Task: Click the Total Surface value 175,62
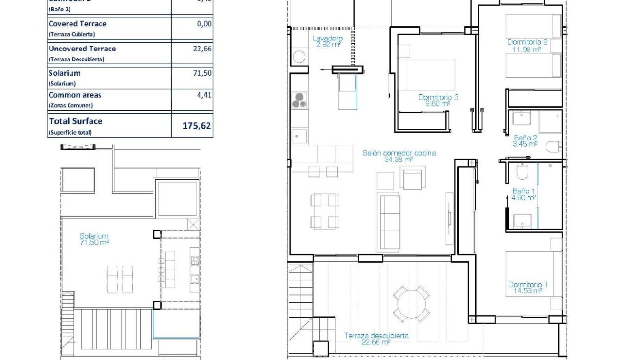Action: click(197, 126)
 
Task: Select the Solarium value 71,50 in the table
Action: click(202, 73)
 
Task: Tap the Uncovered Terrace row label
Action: click(82, 49)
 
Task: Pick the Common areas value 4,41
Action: click(205, 95)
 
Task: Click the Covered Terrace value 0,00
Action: click(204, 24)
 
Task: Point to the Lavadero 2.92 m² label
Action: click(328, 41)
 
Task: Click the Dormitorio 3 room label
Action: click(438, 100)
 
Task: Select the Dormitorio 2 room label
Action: click(527, 45)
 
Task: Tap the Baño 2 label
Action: click(525, 140)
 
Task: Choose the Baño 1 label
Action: click(524, 194)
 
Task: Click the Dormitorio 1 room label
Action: click(528, 288)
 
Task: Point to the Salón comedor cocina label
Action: click(399, 156)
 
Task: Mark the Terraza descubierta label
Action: click(376, 339)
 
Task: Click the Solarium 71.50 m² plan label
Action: click(94, 239)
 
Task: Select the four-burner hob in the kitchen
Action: click(299, 100)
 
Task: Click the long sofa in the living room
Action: click(389, 221)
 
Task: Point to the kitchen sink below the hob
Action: click(299, 136)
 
